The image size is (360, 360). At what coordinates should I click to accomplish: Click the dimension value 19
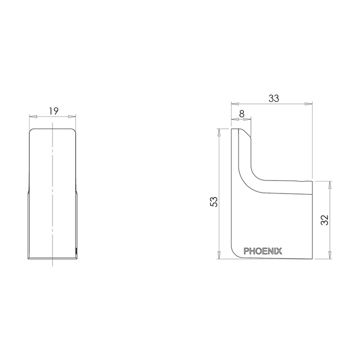(53, 111)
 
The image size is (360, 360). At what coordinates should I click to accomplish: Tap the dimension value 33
(273, 98)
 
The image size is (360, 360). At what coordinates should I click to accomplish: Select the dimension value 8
(241, 113)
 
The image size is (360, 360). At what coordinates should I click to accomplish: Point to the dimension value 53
(213, 201)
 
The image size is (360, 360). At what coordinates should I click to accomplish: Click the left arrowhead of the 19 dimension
(32, 116)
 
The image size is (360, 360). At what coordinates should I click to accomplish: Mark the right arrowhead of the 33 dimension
(310, 104)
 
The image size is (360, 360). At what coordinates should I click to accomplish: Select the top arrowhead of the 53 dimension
(219, 131)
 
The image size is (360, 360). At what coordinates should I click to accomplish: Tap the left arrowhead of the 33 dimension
(233, 104)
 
